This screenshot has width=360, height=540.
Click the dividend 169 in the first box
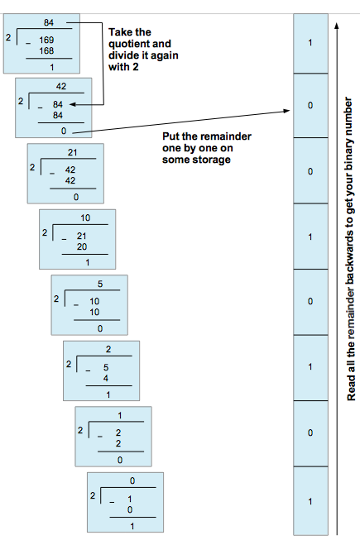[x=46, y=39]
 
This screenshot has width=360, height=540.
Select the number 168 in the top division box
[x=46, y=50]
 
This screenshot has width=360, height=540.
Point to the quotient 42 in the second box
[x=60, y=86]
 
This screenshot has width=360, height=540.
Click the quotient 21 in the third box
[x=72, y=152]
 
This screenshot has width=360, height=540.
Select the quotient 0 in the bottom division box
[x=132, y=480]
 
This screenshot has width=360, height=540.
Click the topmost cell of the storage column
[x=310, y=42]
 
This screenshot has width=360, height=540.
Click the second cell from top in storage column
[x=310, y=107]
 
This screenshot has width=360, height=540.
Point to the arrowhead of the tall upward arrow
[x=335, y=25]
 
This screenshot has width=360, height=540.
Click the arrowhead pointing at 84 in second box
[x=73, y=105]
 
